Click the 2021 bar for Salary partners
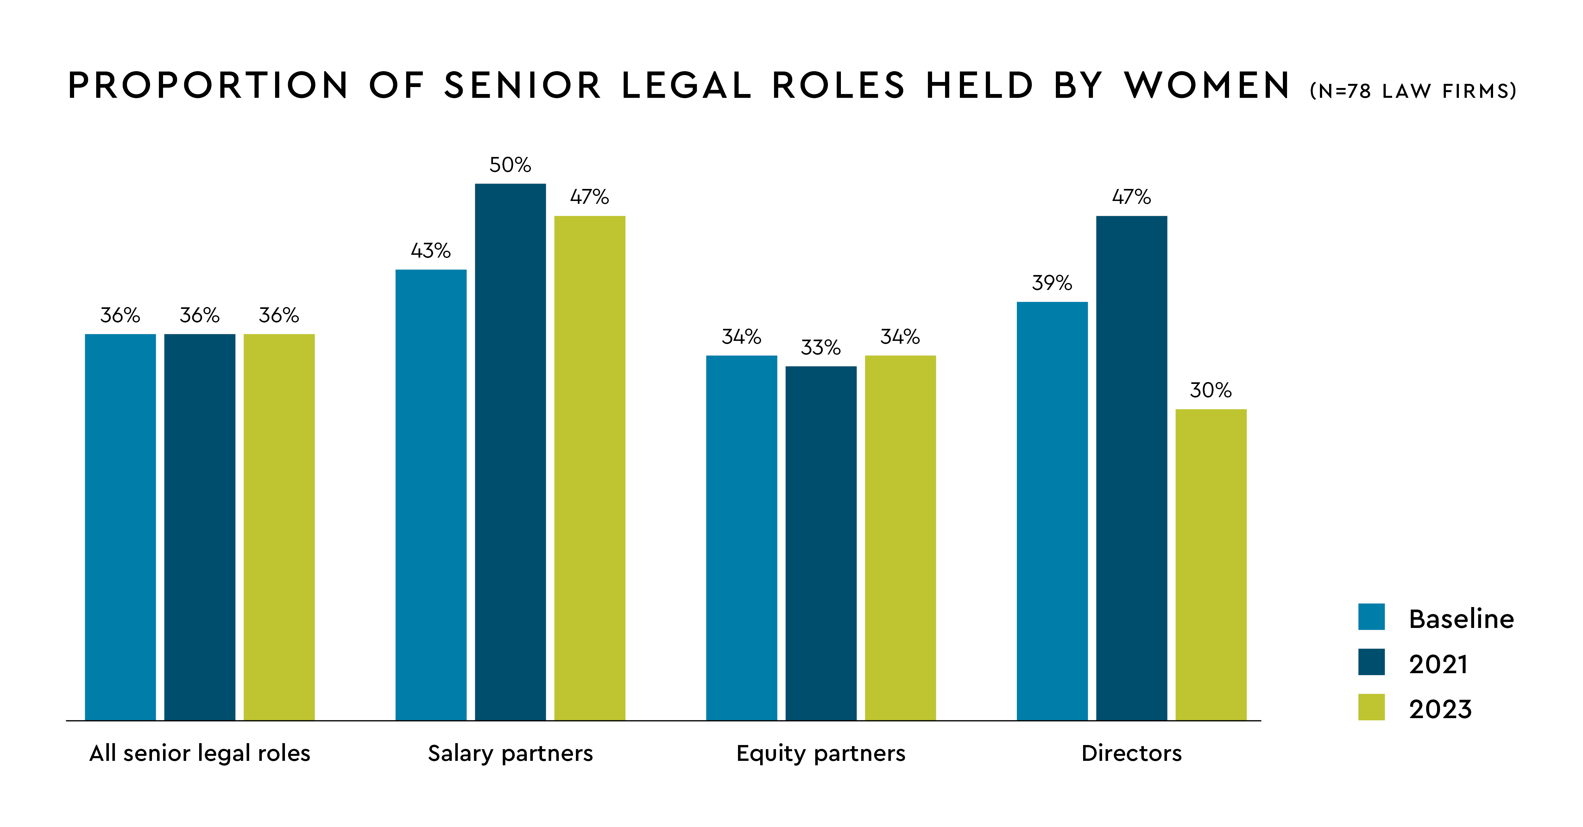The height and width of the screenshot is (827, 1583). coord(510,452)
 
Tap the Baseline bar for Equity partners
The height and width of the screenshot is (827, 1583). coord(741,538)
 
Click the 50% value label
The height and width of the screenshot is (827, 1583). coord(510,165)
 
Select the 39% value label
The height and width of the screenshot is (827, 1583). coord(1052,283)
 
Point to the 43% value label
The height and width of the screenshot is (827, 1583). coord(431,251)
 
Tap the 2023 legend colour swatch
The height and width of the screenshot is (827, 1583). coord(1371,707)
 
